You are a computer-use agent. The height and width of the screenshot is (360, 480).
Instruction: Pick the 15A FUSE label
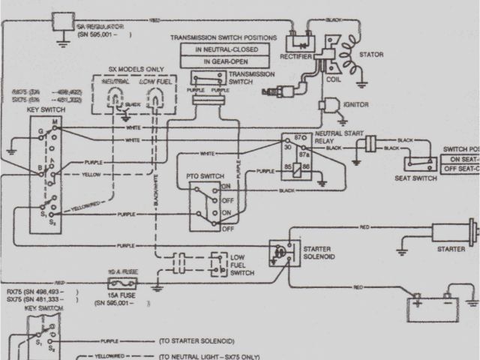pyautogui.click(x=122, y=295)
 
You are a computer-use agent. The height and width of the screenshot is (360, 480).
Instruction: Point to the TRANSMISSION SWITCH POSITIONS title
pyautogui.click(x=223, y=37)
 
